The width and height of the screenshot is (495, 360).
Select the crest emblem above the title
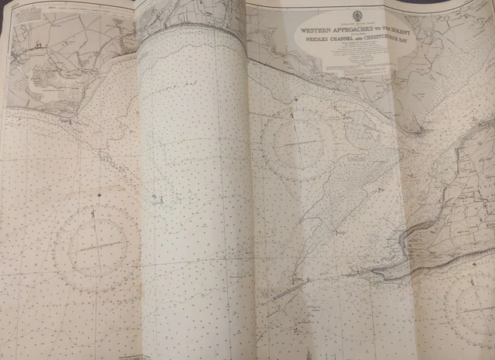coord(358,15)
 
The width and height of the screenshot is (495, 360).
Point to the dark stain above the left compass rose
coord(98,189)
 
